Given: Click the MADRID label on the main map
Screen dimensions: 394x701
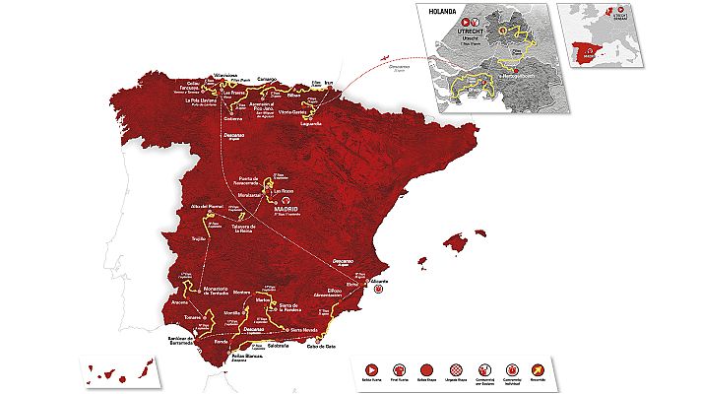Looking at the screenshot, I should [x=287, y=209].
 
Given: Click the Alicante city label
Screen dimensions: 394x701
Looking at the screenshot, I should [x=379, y=280].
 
